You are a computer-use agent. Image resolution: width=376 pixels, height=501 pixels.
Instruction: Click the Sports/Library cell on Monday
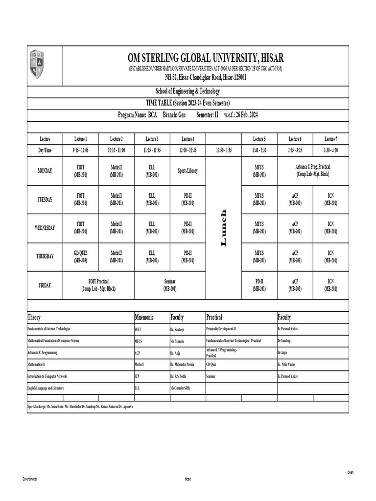[188, 171]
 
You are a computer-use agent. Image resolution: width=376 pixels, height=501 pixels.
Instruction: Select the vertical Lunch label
[224, 228]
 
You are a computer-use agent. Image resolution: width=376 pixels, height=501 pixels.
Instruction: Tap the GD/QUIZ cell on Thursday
[81, 256]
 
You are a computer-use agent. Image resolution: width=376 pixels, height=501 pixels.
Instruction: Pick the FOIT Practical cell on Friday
[98, 285]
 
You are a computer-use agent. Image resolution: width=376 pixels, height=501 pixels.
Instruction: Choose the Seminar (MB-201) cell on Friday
[170, 285]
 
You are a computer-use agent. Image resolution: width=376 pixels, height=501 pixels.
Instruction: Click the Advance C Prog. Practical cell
[313, 171]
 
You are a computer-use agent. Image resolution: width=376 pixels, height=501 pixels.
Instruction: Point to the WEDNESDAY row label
[45, 228]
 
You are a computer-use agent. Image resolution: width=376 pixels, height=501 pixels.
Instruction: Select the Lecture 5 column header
[259, 139]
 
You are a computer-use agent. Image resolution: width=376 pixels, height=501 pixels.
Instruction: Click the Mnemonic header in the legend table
[144, 318]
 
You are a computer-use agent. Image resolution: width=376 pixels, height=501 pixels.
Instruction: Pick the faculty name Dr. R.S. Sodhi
[180, 376]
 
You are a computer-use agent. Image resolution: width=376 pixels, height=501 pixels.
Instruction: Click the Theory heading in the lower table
[34, 318]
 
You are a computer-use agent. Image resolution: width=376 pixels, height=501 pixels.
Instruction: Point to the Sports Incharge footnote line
[80, 407]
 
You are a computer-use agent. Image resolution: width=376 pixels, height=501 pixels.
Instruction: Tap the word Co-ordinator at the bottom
[30, 478]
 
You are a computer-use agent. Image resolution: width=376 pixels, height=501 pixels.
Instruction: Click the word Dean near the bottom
[350, 472]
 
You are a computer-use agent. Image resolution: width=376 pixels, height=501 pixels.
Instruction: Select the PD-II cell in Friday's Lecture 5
[259, 285]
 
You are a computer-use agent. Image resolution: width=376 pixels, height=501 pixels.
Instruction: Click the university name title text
[205, 58]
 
